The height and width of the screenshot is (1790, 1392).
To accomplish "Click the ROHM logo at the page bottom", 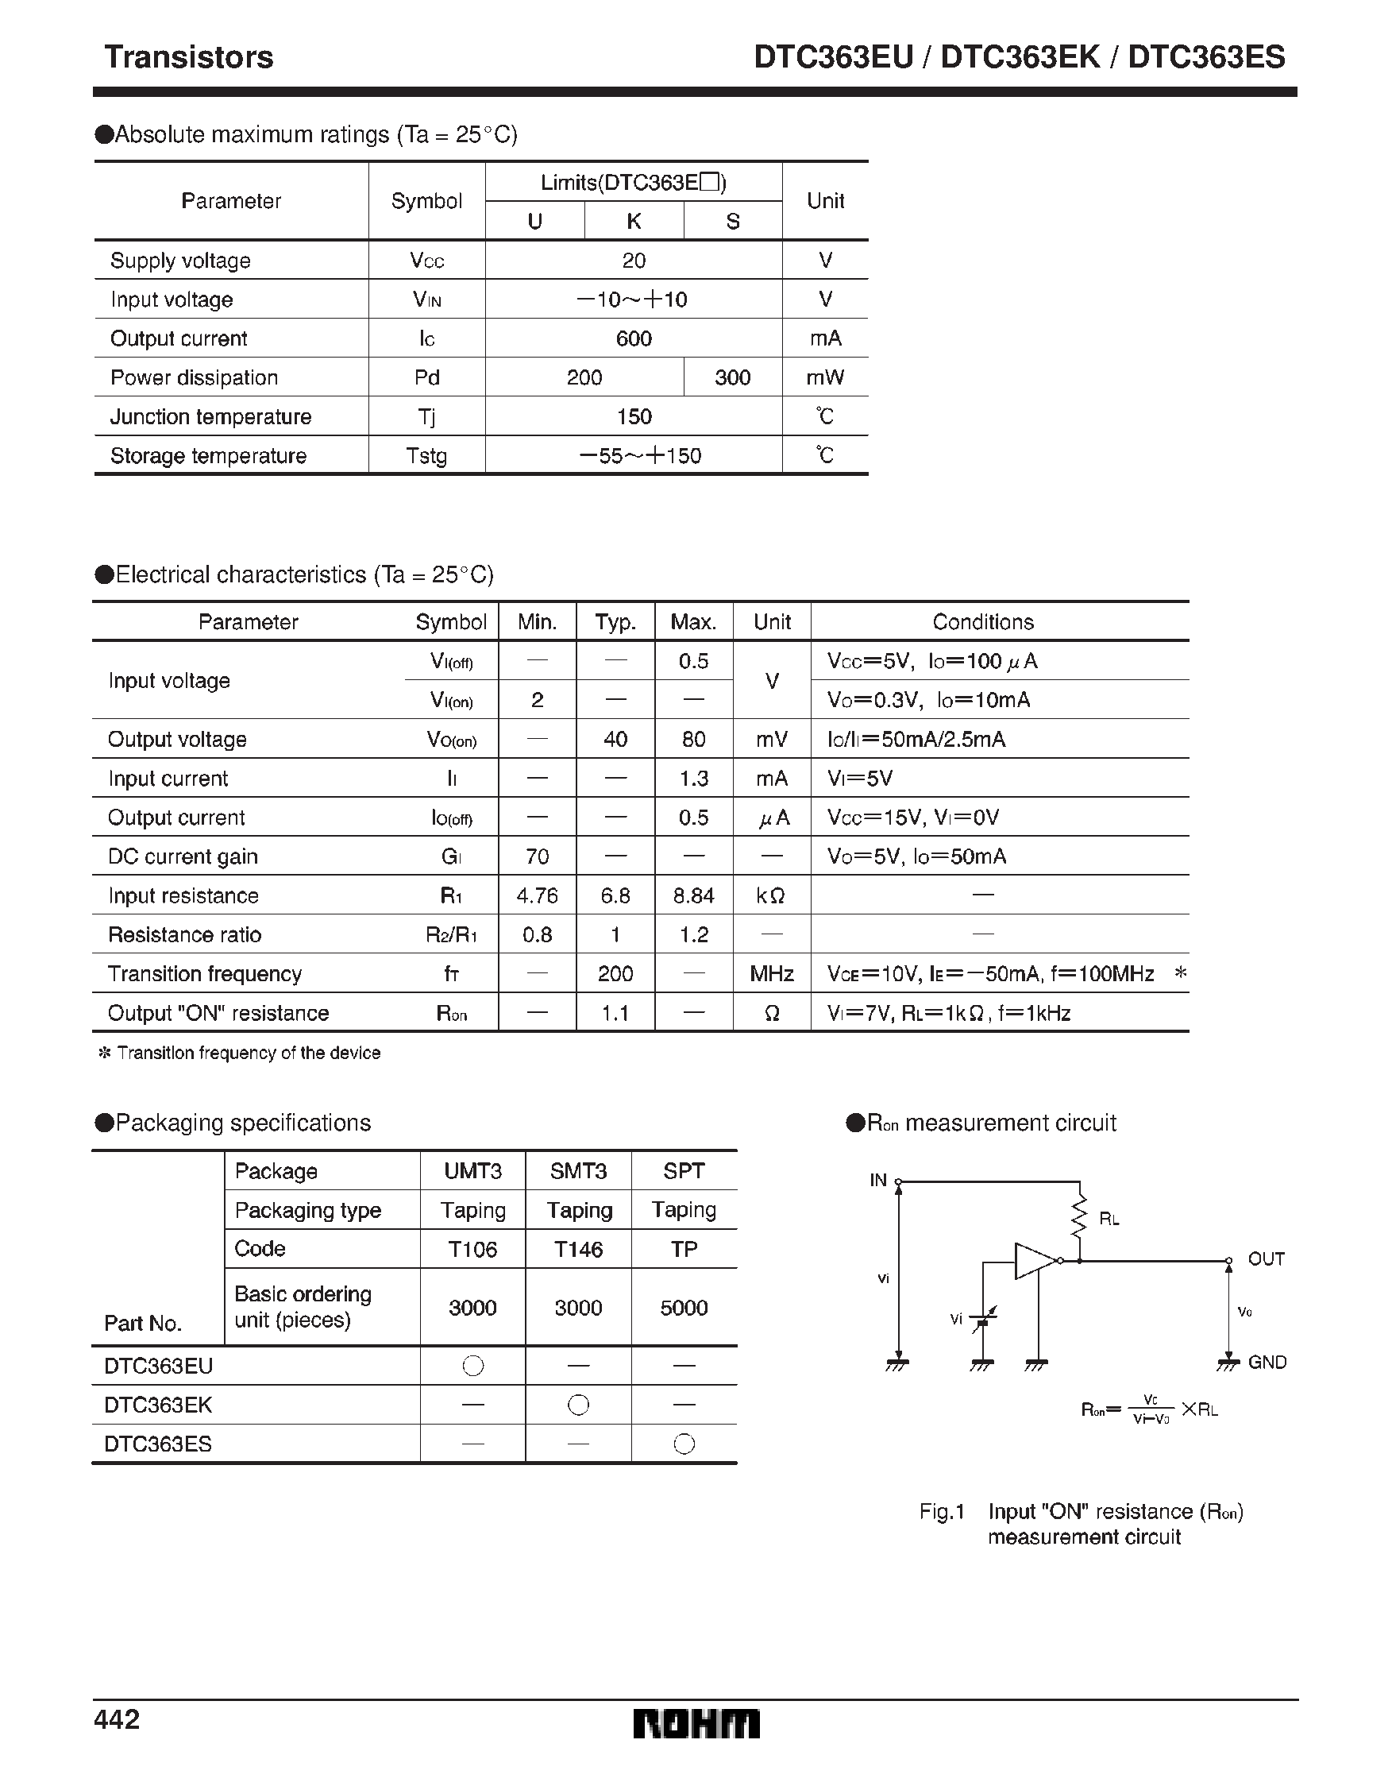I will [x=696, y=1724].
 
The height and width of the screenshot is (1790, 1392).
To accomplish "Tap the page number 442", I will [x=118, y=1718].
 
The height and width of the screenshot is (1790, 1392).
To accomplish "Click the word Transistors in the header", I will [x=188, y=57].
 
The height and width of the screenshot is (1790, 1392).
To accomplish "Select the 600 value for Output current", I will [x=634, y=338].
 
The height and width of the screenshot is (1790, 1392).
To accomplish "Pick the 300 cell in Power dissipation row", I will [x=731, y=377].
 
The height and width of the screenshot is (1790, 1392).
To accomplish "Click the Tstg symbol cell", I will [x=426, y=456].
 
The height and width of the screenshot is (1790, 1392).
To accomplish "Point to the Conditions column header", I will [x=982, y=622].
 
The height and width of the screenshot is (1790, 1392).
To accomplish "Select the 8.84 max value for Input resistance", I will [x=693, y=896].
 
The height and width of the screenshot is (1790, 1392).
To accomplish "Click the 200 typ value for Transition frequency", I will [x=615, y=974].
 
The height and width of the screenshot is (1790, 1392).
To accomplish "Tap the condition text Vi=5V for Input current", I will [x=859, y=779].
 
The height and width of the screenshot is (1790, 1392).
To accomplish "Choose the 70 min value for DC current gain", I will [x=537, y=856].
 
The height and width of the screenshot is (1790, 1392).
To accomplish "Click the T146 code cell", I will [x=577, y=1249].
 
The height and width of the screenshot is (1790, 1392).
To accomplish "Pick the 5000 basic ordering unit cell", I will [x=684, y=1307].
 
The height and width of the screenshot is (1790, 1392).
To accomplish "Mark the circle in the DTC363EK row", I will [x=577, y=1405].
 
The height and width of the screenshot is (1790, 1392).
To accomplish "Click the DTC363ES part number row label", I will [x=158, y=1444].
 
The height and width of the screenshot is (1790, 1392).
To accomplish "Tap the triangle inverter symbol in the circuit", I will [x=1034, y=1261].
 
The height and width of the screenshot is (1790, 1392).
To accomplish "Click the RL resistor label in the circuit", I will [x=1109, y=1220].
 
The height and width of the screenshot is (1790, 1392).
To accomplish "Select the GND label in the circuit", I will [x=1267, y=1363].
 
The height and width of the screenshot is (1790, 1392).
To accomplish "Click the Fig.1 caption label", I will [x=942, y=1511].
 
